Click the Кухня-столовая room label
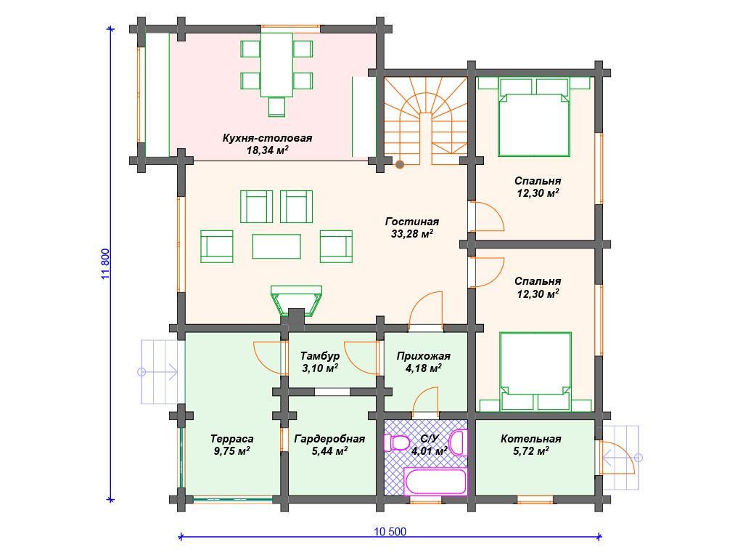pos(267,138)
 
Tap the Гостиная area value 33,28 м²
pos(412,233)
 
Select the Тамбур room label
pos(320,356)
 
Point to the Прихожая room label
pos(424,356)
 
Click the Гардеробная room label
pos(329,439)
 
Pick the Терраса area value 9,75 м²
pos(231,450)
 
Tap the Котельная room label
pos(530,439)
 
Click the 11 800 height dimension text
pos(105,264)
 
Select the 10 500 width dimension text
pos(390,531)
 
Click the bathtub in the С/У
pos(435,482)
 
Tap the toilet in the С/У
pos(396,443)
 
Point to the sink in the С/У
pos(459,442)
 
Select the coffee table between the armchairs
pos(276,246)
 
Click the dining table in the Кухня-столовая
pos(276,65)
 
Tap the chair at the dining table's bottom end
pos(276,107)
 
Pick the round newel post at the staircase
pos(400,165)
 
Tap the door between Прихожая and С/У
pos(425,403)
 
